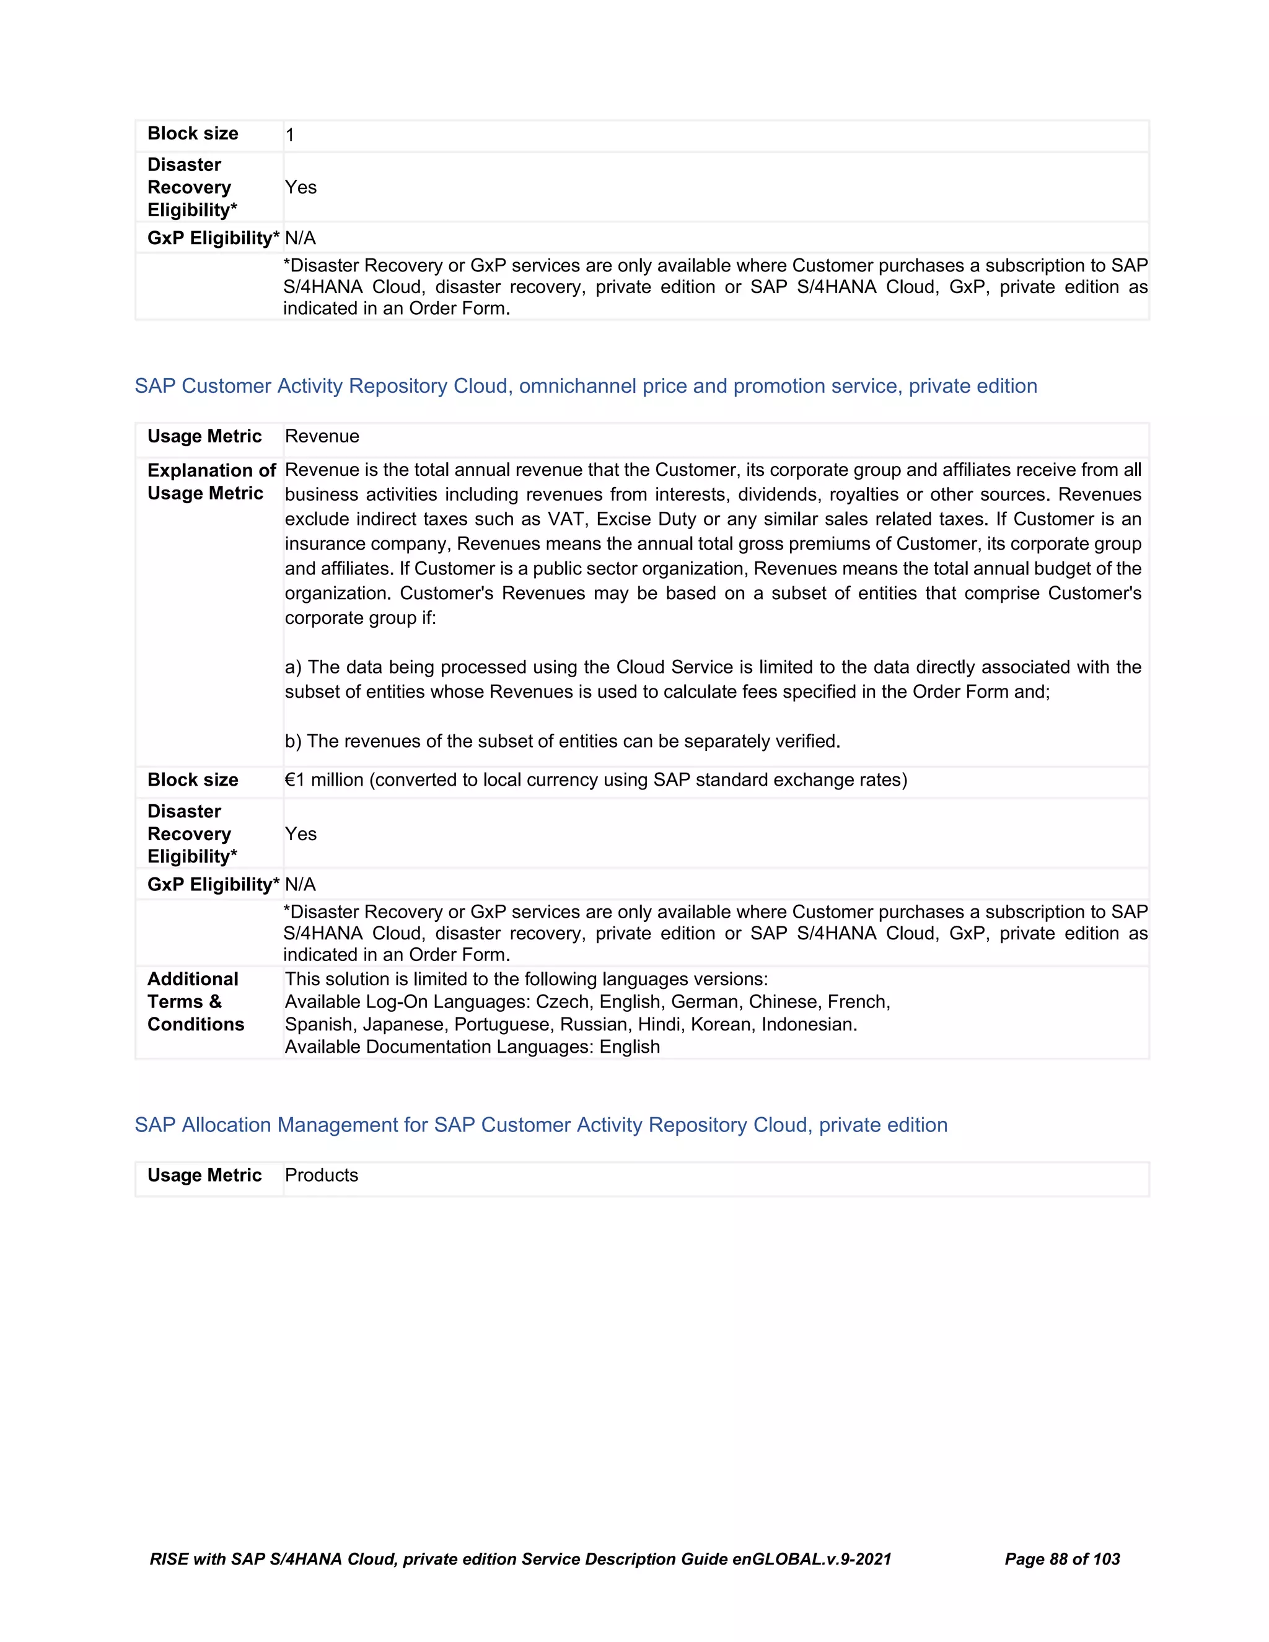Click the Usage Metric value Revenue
(322, 436)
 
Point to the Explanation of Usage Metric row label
(211, 482)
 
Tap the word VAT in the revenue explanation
(566, 519)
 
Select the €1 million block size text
(595, 779)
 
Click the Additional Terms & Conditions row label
(195, 1001)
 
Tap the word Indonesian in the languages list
(809, 1024)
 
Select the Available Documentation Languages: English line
(472, 1047)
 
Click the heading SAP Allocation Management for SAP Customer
(540, 1125)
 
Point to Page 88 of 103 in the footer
(1061, 1560)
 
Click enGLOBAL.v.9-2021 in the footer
(811, 1560)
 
